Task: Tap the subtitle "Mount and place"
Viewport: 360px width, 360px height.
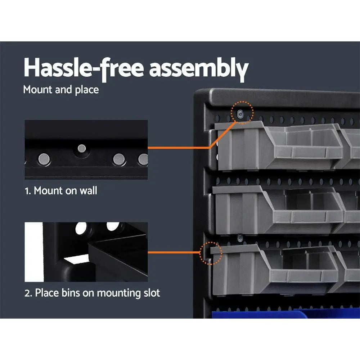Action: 61,89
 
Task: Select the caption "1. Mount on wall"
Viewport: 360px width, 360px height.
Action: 61,190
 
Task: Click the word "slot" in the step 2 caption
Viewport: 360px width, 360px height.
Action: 150,293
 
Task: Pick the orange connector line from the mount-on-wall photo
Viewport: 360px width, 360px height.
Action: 180,147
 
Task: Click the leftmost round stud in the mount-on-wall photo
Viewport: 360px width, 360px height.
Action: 45,157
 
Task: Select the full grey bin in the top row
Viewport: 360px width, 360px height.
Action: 277,144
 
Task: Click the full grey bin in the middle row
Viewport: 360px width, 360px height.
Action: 277,209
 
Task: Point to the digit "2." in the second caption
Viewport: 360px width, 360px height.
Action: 28,293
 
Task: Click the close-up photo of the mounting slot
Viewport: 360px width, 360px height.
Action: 86,252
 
